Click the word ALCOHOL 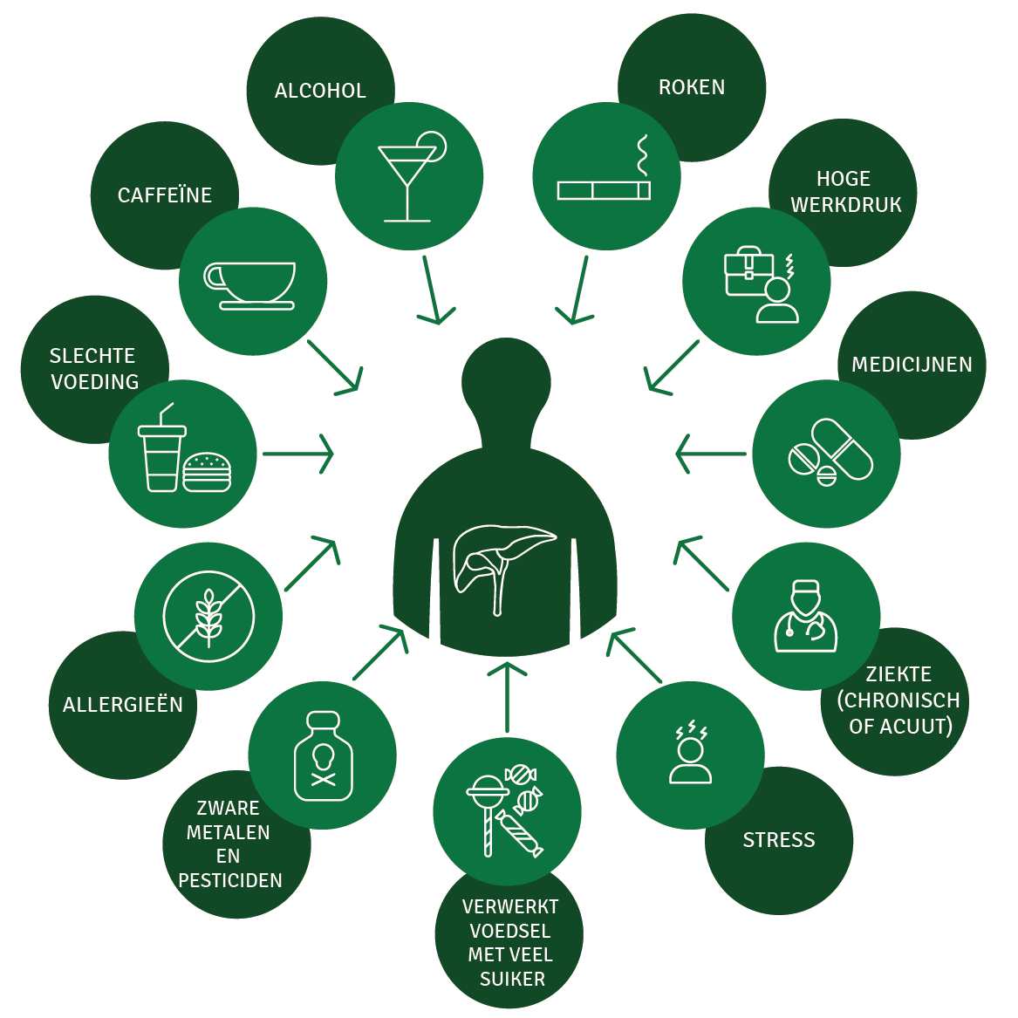tap(320, 91)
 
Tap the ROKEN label tap(692, 87)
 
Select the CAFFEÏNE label tap(165, 195)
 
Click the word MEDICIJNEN tap(912, 365)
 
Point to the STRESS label tap(779, 840)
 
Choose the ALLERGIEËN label tap(123, 705)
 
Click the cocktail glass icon tap(408, 178)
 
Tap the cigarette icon tap(604, 189)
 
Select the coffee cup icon tap(250, 284)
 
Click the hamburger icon tap(207, 472)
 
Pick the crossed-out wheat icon tap(208, 617)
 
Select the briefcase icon tap(748, 271)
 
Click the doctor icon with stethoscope tap(806, 617)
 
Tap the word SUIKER tap(512, 979)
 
